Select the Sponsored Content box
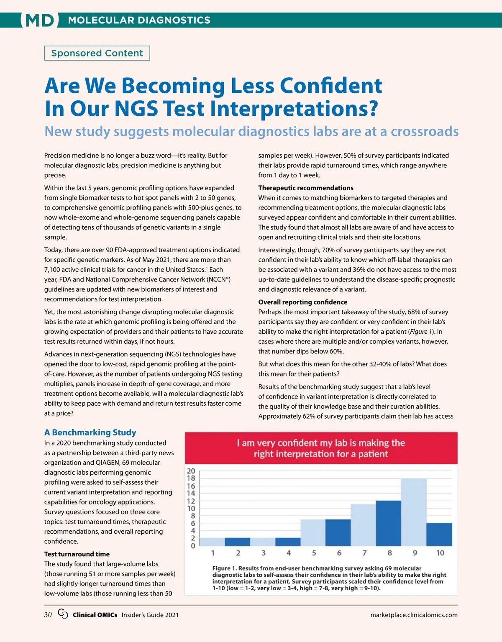pos(97,53)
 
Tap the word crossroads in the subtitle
pos(424,131)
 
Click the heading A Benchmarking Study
pos(90,432)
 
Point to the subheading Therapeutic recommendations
pos(306,188)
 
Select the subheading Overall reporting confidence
pos(303,302)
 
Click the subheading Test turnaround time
pos(77,554)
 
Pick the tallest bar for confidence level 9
pos(414,512)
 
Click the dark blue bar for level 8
pos(389,523)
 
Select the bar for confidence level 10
pos(439,535)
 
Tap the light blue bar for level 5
pos(313,532)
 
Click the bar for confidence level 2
pos(238,542)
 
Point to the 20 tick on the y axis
pos(191,471)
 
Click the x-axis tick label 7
pos(364,553)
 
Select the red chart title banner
pos(321,448)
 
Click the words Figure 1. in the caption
pos(225,568)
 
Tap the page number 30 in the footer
pos(48,615)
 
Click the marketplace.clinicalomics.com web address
pos(414,615)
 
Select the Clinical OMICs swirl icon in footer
pos(63,614)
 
